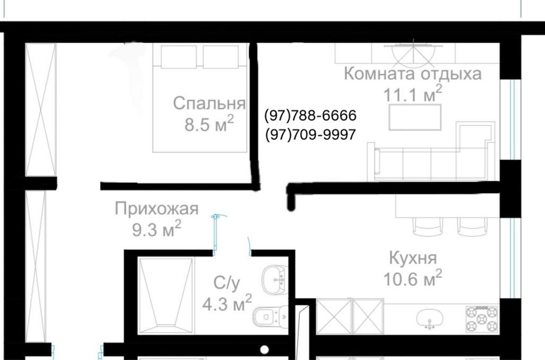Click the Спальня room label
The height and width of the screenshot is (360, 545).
point(209,104)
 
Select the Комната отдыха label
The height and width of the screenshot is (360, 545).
point(413,74)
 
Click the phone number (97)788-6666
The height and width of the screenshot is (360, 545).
point(310,116)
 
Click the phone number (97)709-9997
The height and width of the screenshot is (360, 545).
point(310,134)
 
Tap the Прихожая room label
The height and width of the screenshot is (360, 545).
point(157,208)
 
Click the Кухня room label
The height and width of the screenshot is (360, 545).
point(413,257)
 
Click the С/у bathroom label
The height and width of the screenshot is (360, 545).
point(226,282)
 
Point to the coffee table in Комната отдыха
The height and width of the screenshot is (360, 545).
point(415,117)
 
